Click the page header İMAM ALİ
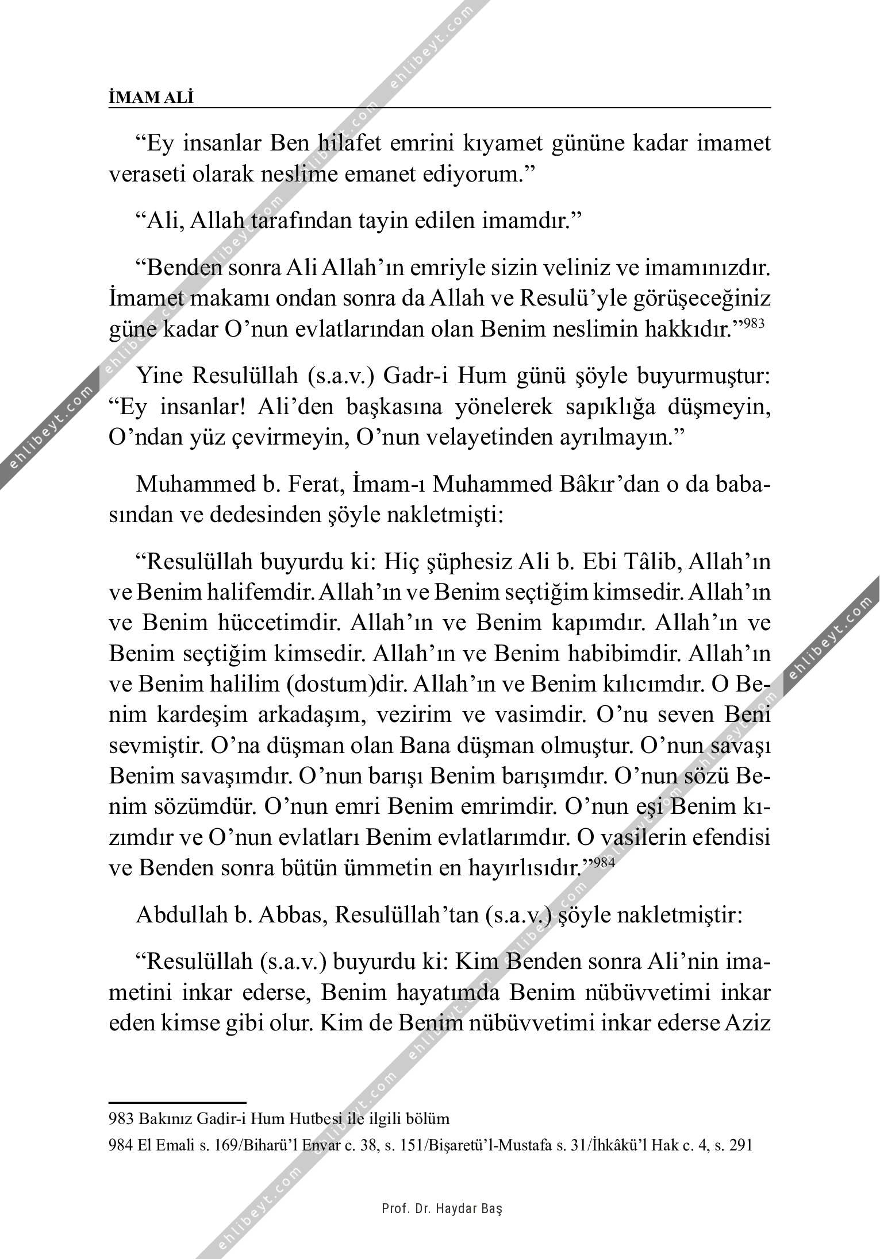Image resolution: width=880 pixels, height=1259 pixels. pos(151,98)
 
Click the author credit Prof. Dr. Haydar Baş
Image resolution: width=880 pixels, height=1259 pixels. pos(442,1208)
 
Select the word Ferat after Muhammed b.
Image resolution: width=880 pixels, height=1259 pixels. pos(313,484)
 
